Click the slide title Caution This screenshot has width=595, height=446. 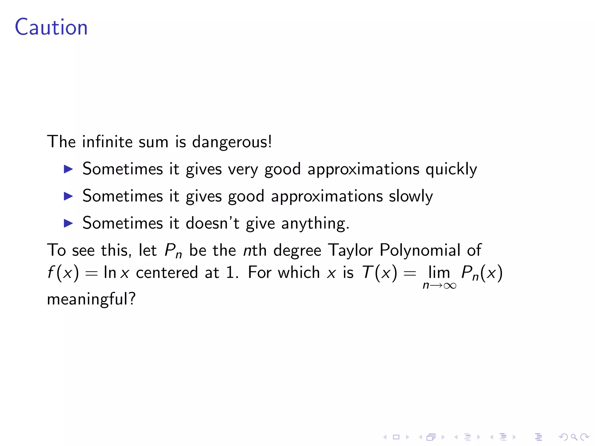[51, 27]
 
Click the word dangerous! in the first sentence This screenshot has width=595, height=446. [232, 142]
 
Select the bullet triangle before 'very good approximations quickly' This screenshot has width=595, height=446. [68, 169]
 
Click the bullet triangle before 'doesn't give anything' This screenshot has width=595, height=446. [68, 223]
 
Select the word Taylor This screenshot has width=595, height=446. [350, 250]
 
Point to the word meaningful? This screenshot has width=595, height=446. [91, 299]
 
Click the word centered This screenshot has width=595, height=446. [167, 273]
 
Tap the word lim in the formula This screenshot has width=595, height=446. [439, 273]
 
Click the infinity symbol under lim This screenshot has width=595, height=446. [450, 286]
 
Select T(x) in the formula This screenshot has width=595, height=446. [379, 273]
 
